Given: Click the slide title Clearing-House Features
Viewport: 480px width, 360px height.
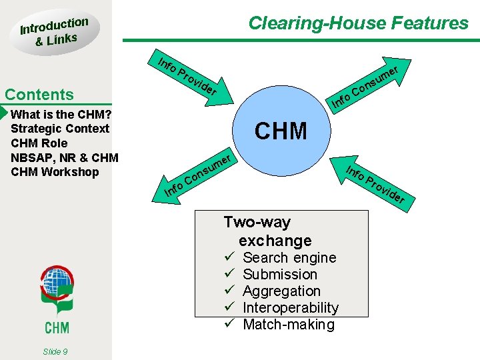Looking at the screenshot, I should tap(358, 23).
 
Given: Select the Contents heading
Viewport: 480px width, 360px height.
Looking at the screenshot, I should tap(39, 95).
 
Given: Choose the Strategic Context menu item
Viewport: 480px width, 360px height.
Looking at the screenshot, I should tap(60, 128).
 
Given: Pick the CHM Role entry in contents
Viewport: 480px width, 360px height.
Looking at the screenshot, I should tap(39, 143).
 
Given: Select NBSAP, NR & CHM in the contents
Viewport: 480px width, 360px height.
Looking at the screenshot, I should tap(65, 157).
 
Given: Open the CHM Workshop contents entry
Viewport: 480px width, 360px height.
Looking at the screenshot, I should tap(55, 172).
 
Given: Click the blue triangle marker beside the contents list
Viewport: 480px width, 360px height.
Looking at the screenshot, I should tap(4, 111).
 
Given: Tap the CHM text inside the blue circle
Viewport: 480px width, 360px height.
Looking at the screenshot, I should tap(281, 131).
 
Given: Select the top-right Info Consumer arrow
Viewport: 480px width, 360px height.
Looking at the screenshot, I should tap(367, 87).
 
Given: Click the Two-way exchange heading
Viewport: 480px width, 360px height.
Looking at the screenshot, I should tap(268, 231).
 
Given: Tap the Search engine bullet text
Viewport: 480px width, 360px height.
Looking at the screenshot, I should tap(289, 257).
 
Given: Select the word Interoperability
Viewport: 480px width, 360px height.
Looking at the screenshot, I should tap(291, 307).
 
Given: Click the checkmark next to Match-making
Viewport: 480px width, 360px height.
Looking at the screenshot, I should tap(229, 325).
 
